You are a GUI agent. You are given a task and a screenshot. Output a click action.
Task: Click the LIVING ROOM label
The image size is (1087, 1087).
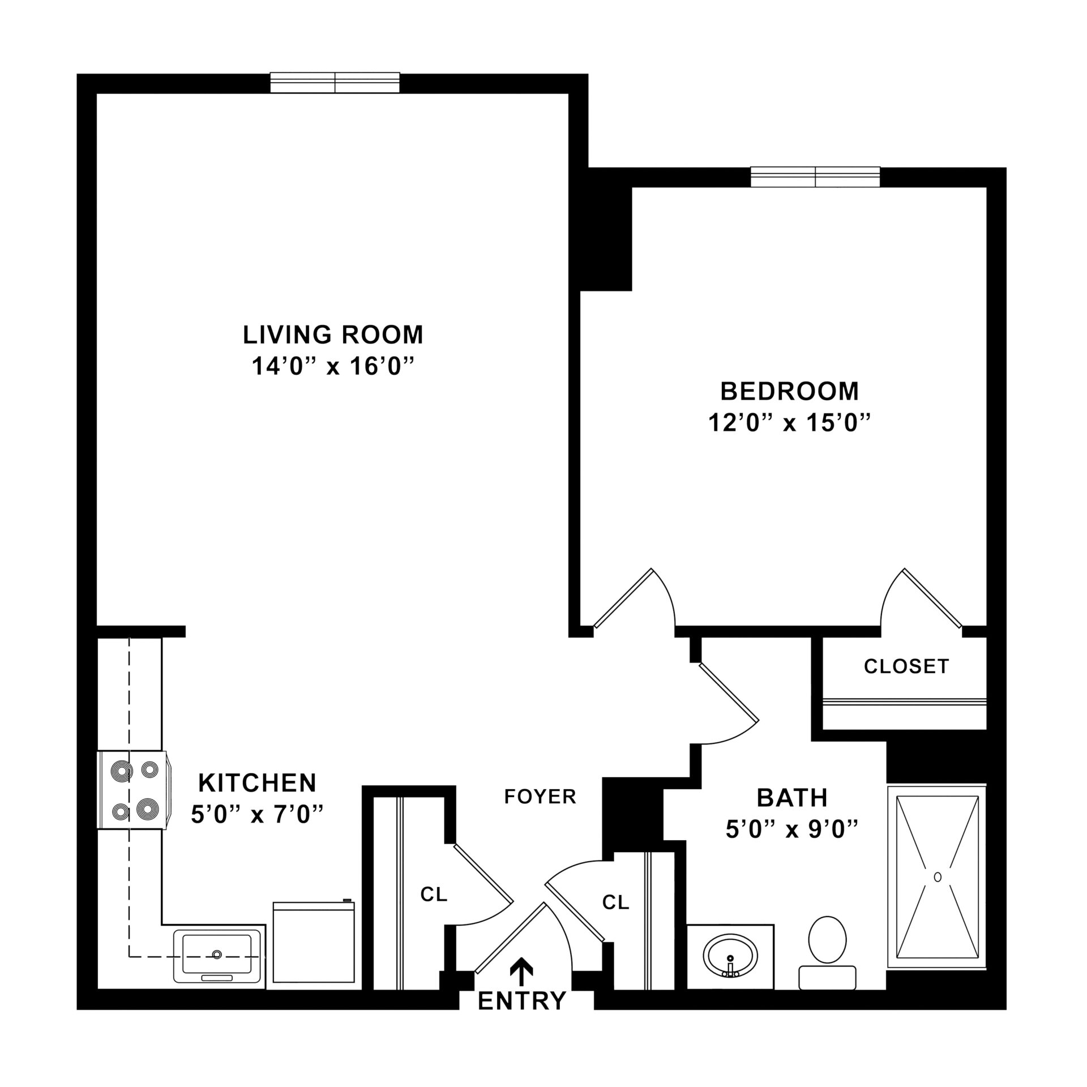(333, 335)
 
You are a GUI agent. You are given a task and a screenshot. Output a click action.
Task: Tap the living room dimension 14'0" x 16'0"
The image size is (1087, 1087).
(333, 367)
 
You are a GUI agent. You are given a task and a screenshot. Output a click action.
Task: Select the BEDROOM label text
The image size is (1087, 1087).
(789, 391)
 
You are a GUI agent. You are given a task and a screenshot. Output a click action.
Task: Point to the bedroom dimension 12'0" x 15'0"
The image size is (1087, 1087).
(789, 423)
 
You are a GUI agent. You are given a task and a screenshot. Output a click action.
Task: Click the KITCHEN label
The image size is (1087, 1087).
(257, 783)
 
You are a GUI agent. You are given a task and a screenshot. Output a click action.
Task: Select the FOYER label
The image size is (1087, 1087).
(540, 797)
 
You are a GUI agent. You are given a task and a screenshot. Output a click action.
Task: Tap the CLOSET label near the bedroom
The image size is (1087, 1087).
(906, 666)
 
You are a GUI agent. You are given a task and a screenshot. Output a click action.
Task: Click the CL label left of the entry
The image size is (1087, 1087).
(434, 895)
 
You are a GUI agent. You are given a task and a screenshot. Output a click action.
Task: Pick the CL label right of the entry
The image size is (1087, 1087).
(616, 902)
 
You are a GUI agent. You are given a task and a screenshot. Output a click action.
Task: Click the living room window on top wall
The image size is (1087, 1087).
(335, 83)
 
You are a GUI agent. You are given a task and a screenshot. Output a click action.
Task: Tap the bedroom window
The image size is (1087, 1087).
(815, 177)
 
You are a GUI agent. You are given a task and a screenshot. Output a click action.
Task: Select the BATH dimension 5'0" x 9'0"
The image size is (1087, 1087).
(792, 830)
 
